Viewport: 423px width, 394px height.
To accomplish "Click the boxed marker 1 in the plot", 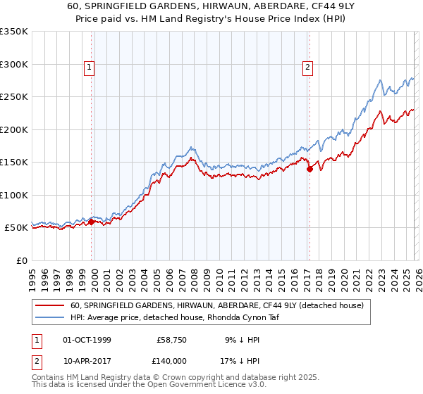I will pos(90,68).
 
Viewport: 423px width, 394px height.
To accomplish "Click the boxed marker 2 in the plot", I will pos(308,68).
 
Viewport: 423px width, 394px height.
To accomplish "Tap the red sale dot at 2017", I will pos(309,168).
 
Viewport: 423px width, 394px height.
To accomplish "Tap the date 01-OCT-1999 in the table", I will pos(87,340).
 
